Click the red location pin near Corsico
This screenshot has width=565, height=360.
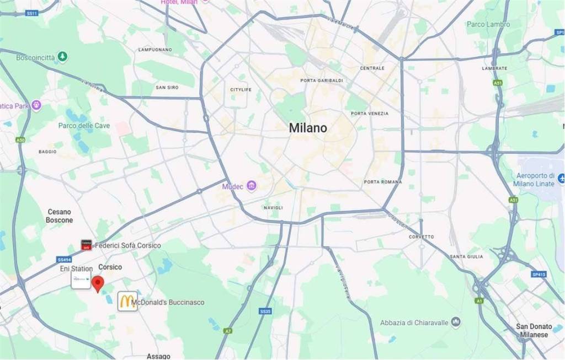coord(98,283)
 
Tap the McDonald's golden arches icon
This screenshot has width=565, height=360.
coord(127,301)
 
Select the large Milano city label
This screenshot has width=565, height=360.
coord(308,128)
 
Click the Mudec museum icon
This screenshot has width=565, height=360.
coord(251,186)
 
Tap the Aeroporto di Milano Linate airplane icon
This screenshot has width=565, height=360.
coord(561,178)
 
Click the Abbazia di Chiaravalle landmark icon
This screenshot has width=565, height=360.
coord(456,322)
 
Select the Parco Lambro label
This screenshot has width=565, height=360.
coord(488,24)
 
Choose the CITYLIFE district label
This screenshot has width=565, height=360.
coord(241,89)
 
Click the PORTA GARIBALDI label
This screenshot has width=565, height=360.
coord(322,80)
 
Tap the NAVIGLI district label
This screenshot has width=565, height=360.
coord(273,207)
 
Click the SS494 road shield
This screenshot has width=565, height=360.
coord(65,259)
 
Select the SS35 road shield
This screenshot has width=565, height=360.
coord(265,311)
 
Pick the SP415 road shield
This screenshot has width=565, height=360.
coord(539,274)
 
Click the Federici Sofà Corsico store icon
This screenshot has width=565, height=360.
coord(86,245)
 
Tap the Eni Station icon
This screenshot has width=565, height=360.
coord(81,280)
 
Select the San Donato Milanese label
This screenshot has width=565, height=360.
coord(532,330)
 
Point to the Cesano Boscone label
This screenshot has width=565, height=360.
coord(59,216)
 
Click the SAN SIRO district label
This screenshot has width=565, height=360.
coord(167,88)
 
